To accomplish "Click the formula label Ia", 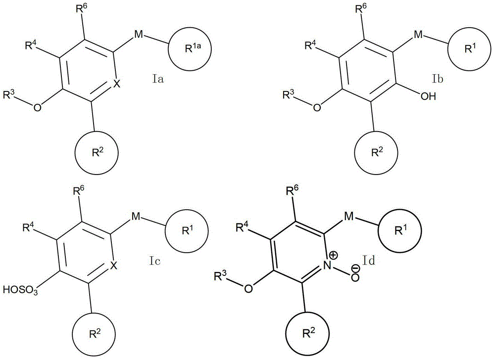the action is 158,79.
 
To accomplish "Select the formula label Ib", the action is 438,79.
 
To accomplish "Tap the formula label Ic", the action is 154,261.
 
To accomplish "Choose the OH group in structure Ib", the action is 428,96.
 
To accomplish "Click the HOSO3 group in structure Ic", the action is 21,290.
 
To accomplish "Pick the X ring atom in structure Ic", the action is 114,266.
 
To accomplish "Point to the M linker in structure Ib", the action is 418,35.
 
